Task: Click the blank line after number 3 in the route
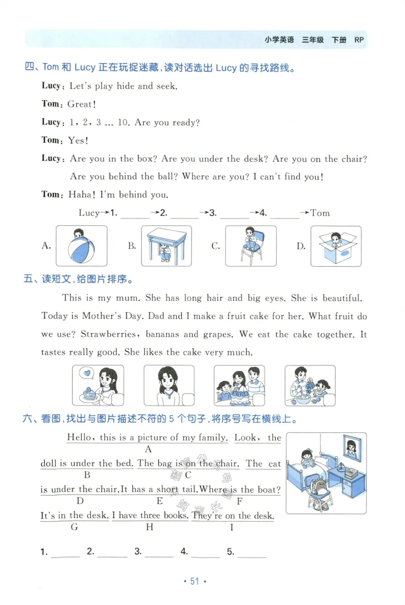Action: (x=234, y=214)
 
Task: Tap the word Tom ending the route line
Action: (x=320, y=213)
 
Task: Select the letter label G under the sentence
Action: (x=74, y=527)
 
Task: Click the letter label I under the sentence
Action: (x=232, y=527)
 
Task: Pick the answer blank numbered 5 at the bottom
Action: (x=252, y=553)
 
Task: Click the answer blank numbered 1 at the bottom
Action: (x=65, y=553)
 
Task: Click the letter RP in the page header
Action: (x=359, y=40)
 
